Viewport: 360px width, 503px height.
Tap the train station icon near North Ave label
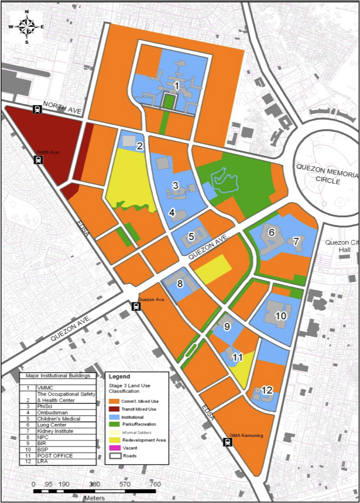coord(39,160)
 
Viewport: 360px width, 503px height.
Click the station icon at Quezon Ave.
coord(136,306)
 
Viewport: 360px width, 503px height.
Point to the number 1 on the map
coord(176,86)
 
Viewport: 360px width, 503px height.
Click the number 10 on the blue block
coord(280,316)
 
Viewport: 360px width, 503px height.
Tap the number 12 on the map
coord(267,390)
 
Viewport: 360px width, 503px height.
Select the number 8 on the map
coord(180,283)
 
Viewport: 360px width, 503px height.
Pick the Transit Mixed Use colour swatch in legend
coord(113,409)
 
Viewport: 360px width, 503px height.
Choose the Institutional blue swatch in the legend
coord(113,416)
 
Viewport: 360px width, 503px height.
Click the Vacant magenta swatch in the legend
coord(113,448)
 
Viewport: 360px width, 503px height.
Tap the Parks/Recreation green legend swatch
coord(113,424)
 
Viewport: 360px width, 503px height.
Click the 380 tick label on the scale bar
coord(94,484)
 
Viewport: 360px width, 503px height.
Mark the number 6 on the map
coord(272,232)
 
